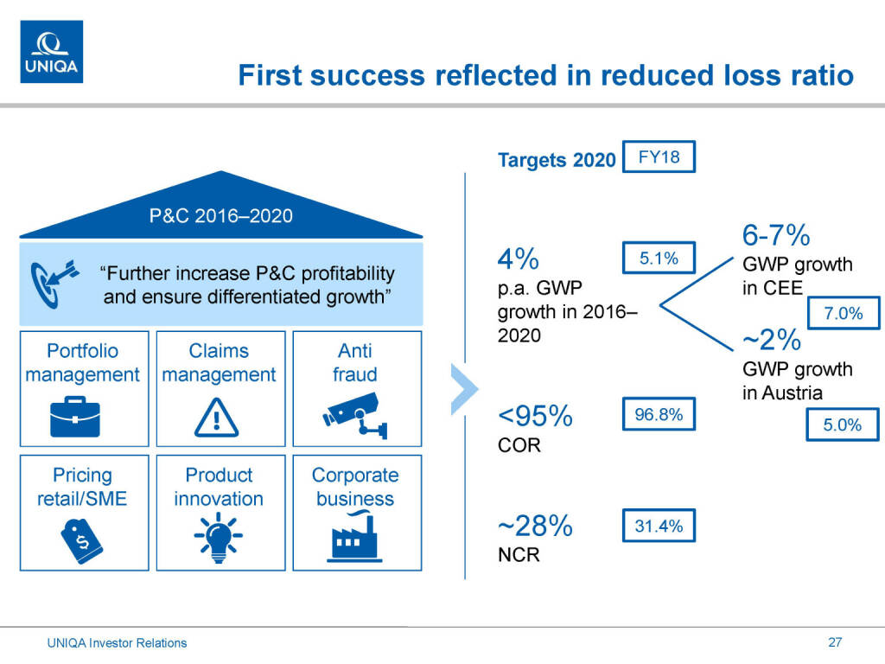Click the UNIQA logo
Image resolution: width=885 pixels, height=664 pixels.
(52, 52)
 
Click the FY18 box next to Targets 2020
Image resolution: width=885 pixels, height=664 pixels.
(658, 158)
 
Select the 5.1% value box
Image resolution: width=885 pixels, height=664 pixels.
(658, 258)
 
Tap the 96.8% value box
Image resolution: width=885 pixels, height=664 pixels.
(659, 416)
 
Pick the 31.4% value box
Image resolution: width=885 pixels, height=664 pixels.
(659, 526)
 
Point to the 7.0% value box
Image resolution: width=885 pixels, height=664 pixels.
(844, 314)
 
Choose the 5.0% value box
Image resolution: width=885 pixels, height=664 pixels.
(844, 425)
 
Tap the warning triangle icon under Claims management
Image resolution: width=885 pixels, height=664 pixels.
(219, 418)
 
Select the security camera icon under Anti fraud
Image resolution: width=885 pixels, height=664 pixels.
(355, 413)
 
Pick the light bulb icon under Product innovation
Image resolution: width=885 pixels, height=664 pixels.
(219, 539)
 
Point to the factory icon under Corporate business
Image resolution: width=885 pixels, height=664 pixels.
(355, 538)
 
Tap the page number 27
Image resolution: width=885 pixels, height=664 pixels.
(834, 642)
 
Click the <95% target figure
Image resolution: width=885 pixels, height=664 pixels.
(535, 417)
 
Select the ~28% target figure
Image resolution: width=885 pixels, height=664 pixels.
(535, 526)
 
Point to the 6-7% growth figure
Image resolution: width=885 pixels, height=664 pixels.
(775, 235)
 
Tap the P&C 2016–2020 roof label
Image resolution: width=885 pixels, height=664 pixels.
(221, 216)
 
